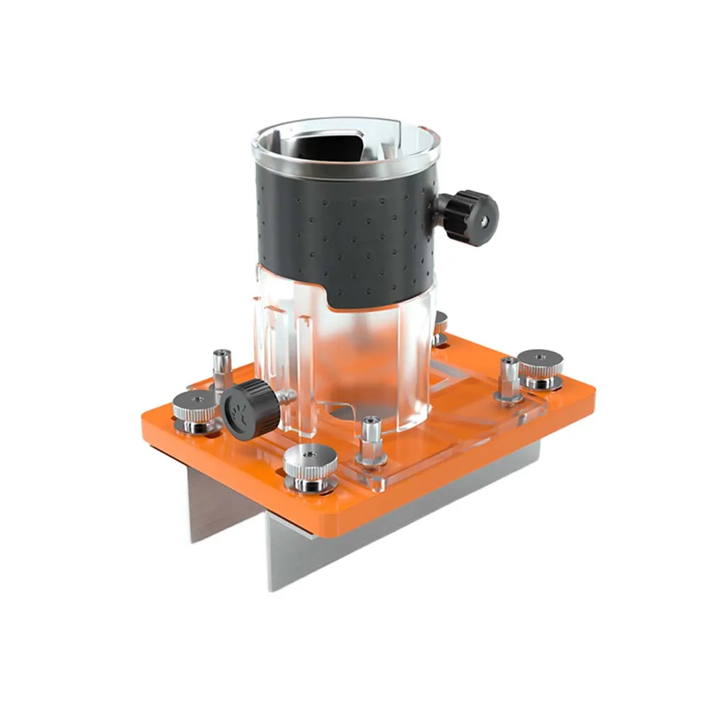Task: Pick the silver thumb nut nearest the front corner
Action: pos(310,466)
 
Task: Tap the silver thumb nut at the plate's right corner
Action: pos(540,367)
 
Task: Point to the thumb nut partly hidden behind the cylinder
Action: pos(441,327)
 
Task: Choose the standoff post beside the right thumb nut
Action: pos(509,379)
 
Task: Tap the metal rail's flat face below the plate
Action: pos(397,539)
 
